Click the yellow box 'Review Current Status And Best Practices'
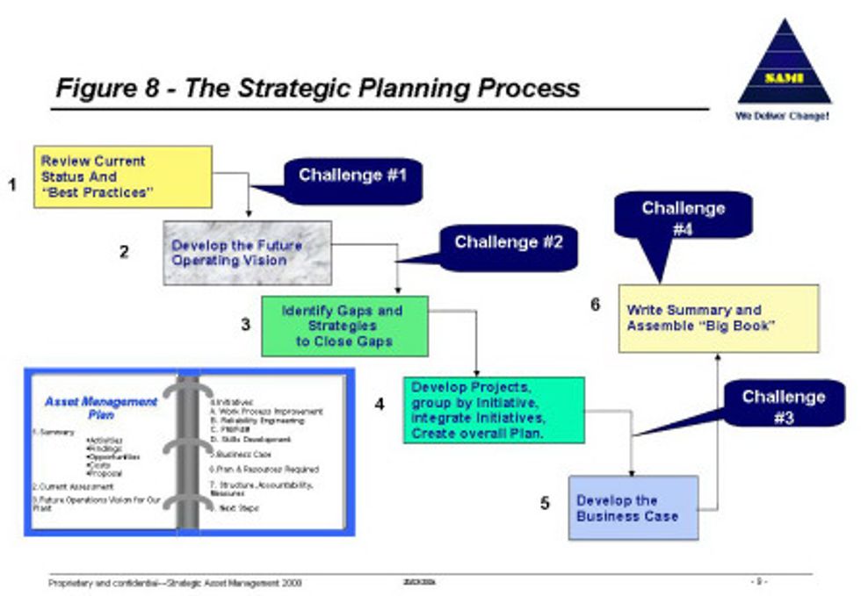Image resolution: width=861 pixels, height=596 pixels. point(122,176)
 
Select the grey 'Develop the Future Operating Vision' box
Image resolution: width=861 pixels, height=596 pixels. point(248,253)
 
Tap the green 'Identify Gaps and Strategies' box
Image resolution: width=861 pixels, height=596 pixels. point(344,326)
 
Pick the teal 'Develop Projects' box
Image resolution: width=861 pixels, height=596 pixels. point(494,410)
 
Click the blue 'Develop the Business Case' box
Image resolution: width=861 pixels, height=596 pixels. point(633,507)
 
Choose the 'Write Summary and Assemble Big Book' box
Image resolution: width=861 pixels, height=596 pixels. point(718,318)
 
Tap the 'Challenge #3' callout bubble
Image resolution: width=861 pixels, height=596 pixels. point(783,406)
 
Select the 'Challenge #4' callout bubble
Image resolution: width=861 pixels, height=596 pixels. point(683,217)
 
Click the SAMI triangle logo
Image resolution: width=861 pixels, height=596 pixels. point(784,66)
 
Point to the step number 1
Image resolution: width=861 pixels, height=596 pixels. point(12,184)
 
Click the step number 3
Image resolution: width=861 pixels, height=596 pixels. point(246,325)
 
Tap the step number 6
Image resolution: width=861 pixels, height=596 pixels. point(596,305)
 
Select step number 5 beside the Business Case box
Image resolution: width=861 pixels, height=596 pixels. point(545,504)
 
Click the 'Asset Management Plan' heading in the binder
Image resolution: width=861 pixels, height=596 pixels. point(100,407)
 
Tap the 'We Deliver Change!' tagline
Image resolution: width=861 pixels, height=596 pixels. point(782,116)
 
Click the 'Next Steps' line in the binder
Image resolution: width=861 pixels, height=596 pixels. point(235,508)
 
